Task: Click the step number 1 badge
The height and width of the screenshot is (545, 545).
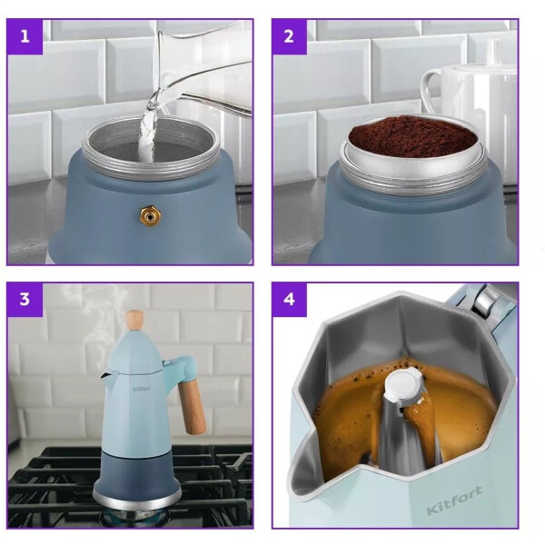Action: coord(25,36)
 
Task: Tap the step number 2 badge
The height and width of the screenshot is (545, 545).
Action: coord(289,36)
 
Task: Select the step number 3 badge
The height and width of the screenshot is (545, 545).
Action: coord(25,300)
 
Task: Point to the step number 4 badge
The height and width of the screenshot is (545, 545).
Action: coord(289,300)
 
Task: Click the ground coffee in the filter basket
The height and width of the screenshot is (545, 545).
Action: coord(413,136)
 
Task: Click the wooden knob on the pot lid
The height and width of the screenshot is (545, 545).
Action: coord(134,320)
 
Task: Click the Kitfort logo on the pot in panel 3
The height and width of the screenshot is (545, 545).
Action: coord(141,389)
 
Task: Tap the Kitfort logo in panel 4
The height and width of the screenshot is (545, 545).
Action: coord(455,500)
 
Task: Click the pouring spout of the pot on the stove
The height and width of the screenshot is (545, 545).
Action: coord(106,377)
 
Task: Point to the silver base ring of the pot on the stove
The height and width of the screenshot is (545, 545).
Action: coord(137,498)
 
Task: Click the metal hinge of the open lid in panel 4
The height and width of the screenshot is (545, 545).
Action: coord(484,299)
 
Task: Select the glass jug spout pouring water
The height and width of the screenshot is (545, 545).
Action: coord(163,94)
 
